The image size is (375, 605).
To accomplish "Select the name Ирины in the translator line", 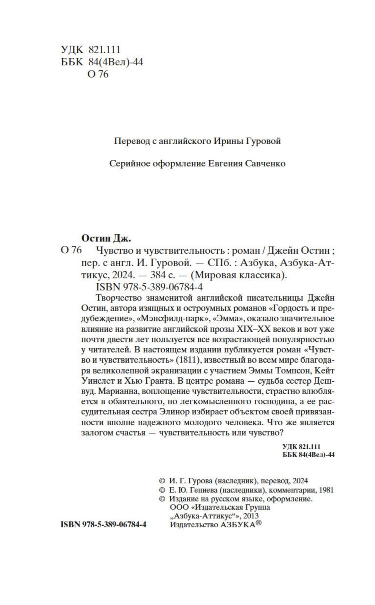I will [228, 141].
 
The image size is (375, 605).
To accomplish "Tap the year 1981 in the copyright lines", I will [326, 490].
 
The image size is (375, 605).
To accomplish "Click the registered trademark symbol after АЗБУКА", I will [259, 523].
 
